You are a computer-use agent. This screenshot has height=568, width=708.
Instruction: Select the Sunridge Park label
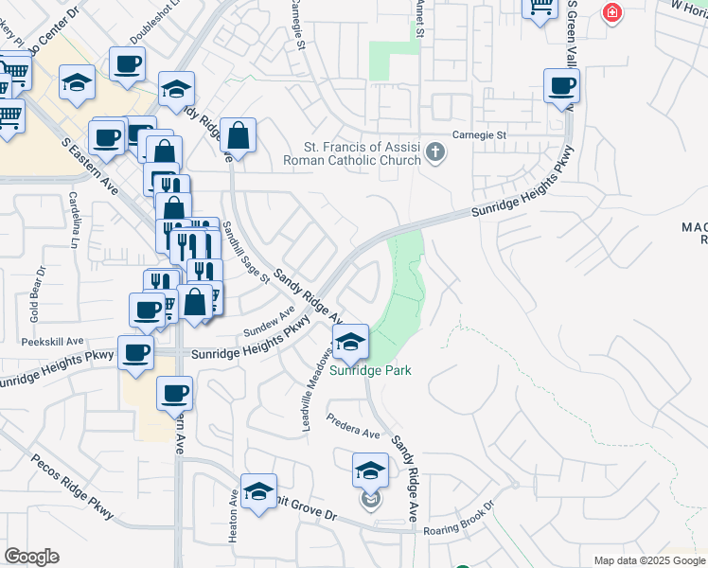[x=370, y=370]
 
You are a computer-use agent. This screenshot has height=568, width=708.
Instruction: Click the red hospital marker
[x=612, y=13]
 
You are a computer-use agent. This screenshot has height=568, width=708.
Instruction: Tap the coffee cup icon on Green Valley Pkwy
[x=561, y=87]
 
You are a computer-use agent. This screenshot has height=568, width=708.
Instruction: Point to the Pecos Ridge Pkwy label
[x=72, y=488]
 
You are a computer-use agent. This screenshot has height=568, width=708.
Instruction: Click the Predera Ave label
[x=352, y=431]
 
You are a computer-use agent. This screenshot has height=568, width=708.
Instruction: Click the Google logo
[x=31, y=557]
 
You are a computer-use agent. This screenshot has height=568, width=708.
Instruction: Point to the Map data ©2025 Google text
[x=648, y=560]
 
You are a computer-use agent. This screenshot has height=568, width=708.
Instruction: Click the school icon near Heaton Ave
[x=258, y=491]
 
